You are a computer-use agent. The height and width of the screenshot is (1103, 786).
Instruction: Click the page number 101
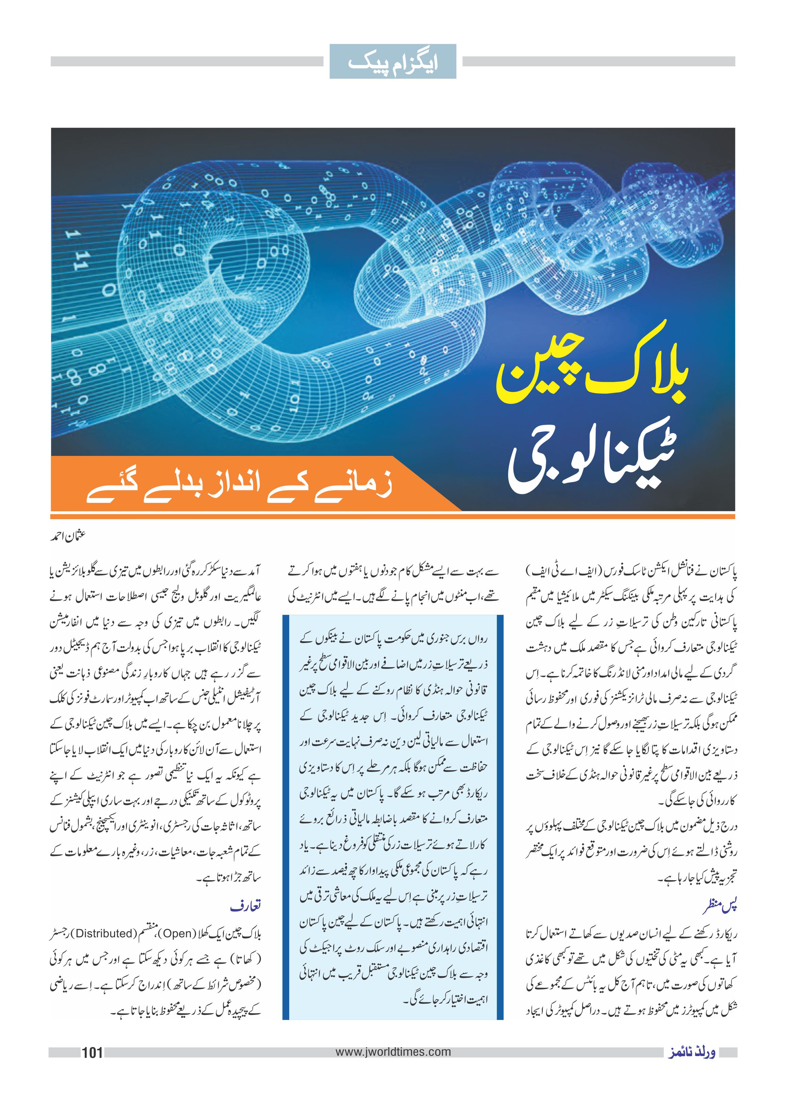pos(92,1052)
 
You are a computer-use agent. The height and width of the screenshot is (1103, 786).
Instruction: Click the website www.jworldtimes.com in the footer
pos(393,1052)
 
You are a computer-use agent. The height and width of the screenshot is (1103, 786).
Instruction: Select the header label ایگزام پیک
pos(393,62)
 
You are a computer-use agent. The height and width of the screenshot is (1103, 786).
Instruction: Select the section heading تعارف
pos(246,905)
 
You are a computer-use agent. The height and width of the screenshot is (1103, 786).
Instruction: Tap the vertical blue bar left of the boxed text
pos(285,818)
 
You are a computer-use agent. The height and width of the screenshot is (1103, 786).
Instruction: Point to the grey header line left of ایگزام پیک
pos(186,62)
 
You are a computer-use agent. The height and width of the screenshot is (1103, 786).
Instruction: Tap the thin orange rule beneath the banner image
pos(393,517)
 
